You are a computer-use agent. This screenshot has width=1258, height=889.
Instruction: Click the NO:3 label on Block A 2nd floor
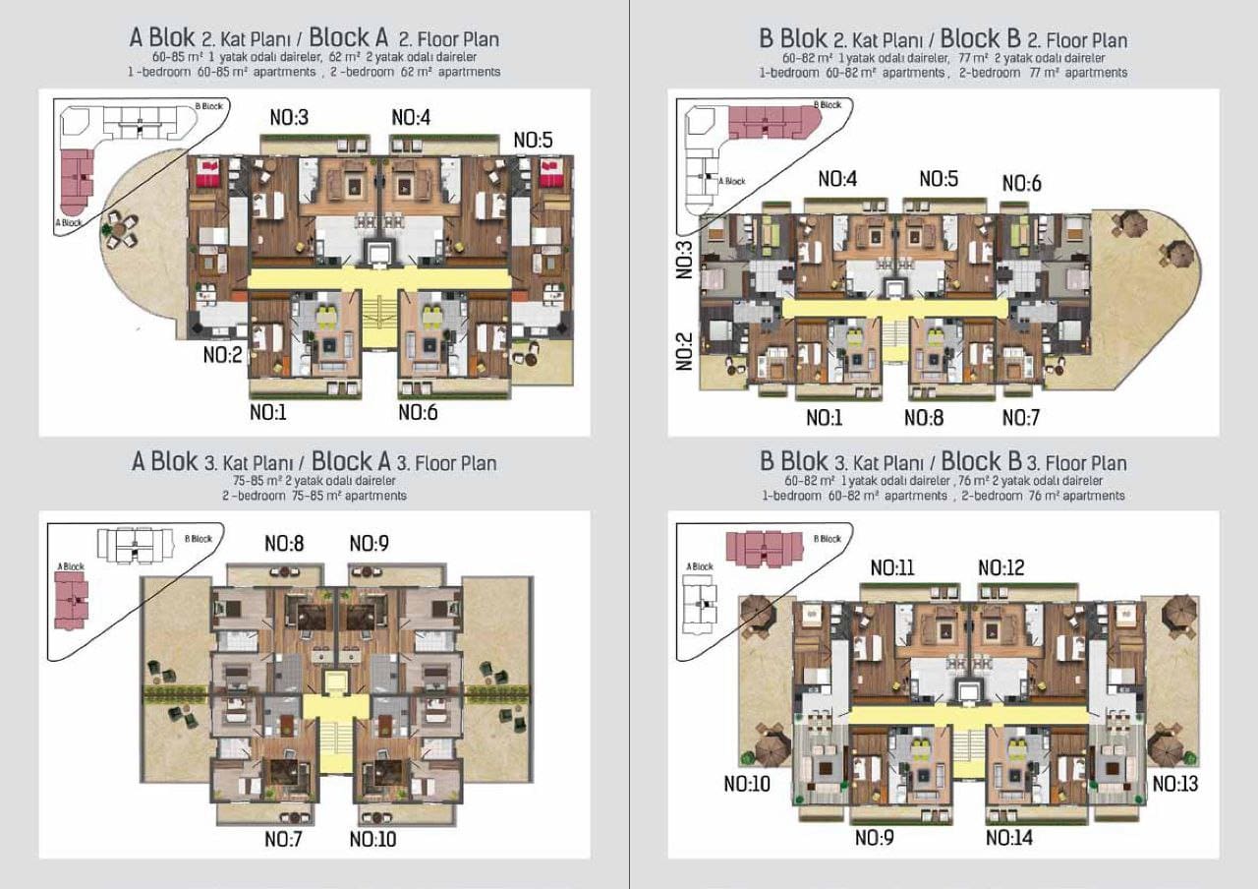pyautogui.click(x=289, y=117)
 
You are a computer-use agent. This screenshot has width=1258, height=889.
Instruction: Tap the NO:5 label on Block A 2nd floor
pyautogui.click(x=533, y=140)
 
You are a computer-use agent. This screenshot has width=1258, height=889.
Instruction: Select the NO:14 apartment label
pyautogui.click(x=1009, y=838)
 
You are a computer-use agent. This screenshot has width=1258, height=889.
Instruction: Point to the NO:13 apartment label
pyautogui.click(x=1175, y=784)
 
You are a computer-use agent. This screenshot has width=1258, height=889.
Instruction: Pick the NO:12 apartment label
pyautogui.click(x=1001, y=567)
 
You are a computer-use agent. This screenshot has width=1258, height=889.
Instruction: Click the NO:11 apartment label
pyautogui.click(x=892, y=567)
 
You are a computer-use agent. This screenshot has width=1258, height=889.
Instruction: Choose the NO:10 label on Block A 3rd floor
pyautogui.click(x=372, y=839)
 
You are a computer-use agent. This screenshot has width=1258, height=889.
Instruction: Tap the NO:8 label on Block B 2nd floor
pyautogui.click(x=924, y=418)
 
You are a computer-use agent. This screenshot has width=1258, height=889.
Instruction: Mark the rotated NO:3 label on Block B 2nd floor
pyautogui.click(x=684, y=261)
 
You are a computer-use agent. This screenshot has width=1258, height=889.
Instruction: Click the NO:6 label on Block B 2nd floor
pyautogui.click(x=1021, y=183)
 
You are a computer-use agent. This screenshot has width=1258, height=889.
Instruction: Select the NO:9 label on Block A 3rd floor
pyautogui.click(x=369, y=544)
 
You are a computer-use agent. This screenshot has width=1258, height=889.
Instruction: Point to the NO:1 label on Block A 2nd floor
pyautogui.click(x=268, y=412)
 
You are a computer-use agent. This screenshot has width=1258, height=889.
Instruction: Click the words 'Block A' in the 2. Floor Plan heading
pyautogui.click(x=348, y=37)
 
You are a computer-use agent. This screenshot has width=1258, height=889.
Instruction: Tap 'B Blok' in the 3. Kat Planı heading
pyautogui.click(x=793, y=461)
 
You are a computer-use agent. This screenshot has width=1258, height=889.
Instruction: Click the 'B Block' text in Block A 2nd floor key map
pyautogui.click(x=209, y=106)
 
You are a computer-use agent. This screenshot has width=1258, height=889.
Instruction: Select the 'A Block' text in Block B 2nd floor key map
pyautogui.click(x=732, y=181)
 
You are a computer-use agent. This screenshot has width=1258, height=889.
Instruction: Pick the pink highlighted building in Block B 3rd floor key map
pyautogui.click(x=765, y=548)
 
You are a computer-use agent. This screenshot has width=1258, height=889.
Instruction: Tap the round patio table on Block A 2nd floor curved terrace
pyautogui.click(x=120, y=230)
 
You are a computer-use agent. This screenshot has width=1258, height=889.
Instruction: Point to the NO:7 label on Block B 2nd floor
pyautogui.click(x=1021, y=418)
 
